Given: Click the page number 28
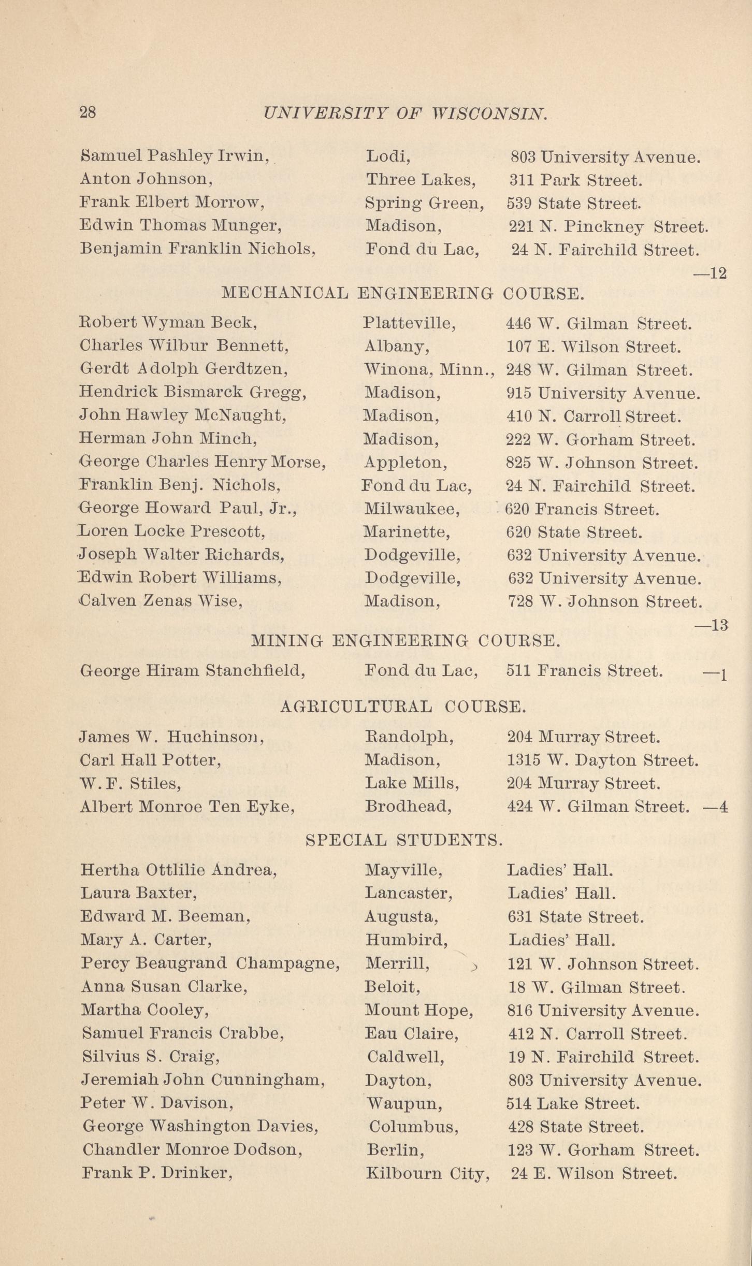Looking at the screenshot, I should coord(88,112).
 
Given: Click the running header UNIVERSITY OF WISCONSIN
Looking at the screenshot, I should coord(404,113).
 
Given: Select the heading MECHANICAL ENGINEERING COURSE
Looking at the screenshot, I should coord(402,294).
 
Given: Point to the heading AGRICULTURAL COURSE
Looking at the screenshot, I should coord(403,707).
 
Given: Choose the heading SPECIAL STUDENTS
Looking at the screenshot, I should coord(404,840).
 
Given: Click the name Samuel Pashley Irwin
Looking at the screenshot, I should coord(175,156).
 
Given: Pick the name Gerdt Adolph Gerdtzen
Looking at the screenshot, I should coord(184,370).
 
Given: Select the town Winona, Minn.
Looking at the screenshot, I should coord(429,370).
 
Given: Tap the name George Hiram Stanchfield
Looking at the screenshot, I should coord(192,671).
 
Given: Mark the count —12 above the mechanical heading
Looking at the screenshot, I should coord(710,273).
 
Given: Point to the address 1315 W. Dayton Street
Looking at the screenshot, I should coord(603,760).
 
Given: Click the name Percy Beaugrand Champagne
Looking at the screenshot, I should coord(210,963).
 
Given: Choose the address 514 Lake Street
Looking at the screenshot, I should coord(573,1104).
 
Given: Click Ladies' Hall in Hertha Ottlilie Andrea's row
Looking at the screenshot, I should coord(560,870).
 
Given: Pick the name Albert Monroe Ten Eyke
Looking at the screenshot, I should coord(187,807).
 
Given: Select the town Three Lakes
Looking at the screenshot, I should coord(421,180).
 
